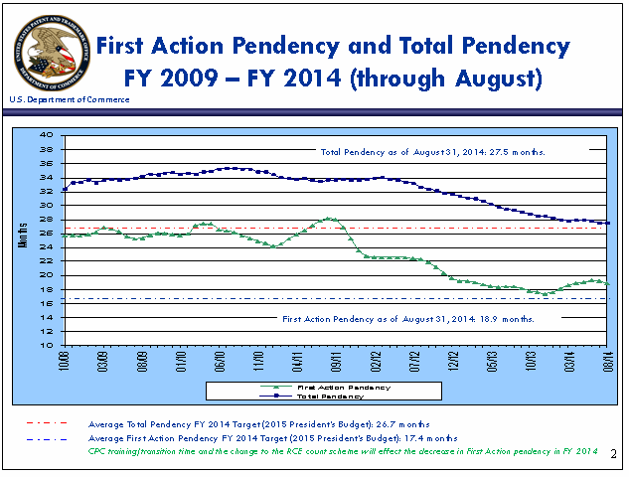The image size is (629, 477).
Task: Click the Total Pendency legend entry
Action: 334,396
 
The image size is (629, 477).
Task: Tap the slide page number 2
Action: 614,453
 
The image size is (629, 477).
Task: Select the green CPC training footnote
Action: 343,452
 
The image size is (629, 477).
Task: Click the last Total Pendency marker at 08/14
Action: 608,224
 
